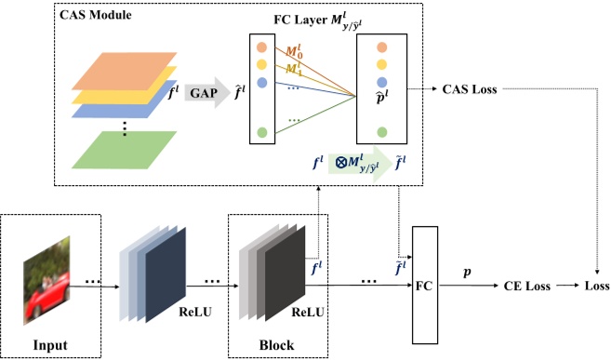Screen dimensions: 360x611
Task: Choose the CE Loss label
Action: point(526,286)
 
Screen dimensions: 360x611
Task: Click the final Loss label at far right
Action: point(591,286)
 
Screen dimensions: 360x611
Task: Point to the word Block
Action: point(275,345)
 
